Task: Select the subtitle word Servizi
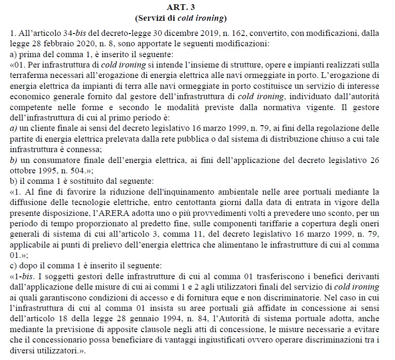coord(150,18)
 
